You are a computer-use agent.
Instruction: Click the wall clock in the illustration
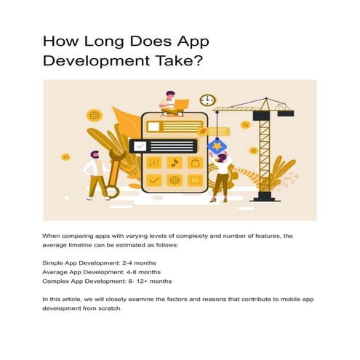click(x=207, y=100)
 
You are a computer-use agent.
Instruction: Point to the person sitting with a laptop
click(x=172, y=103)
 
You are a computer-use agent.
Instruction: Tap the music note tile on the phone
click(x=174, y=161)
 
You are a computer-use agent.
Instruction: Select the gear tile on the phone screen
click(x=174, y=180)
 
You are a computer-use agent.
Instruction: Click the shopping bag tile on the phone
click(x=194, y=161)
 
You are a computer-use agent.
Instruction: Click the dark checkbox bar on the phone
click(x=164, y=145)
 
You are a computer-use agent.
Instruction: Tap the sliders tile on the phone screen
click(x=154, y=161)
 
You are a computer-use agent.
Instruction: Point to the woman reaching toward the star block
click(x=220, y=175)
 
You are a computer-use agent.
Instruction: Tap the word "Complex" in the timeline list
click(x=57, y=281)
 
